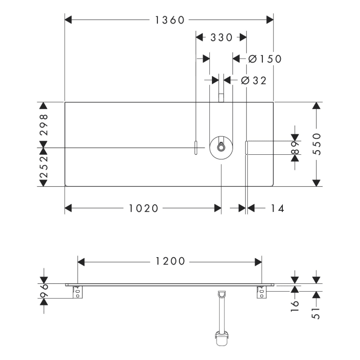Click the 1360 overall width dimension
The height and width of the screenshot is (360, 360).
point(169,20)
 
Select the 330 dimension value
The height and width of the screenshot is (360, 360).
point(222,38)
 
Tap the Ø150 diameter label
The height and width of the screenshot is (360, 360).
point(265,59)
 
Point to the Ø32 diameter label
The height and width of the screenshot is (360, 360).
point(253,80)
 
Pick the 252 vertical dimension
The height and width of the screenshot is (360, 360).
point(44,167)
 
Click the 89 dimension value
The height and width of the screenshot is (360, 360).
point(295,148)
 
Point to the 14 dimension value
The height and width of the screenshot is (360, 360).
point(277,208)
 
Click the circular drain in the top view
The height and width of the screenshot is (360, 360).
point(221,147)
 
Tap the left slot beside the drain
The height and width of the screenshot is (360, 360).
point(196,147)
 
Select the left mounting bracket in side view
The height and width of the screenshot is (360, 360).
point(77,292)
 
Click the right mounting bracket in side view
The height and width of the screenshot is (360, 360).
point(262,292)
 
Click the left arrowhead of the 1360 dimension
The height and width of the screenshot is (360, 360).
point(68,20)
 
